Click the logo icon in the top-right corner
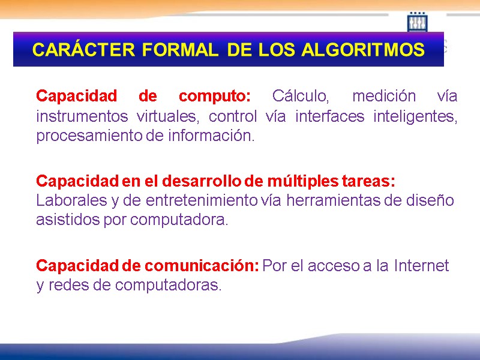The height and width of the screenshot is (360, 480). (417, 23)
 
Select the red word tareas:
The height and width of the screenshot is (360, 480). (370, 181)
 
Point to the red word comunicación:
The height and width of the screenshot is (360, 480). (200, 266)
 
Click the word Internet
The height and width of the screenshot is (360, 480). (421, 266)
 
